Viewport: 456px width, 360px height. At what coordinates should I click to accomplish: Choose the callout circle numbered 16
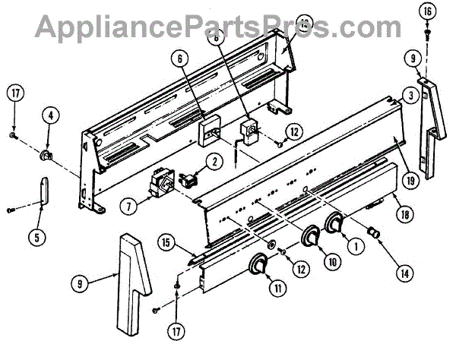[x=426, y=11]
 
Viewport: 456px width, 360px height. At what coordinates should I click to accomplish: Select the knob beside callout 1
[x=334, y=224]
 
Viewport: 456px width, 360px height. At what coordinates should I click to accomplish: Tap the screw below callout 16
[x=427, y=32]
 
